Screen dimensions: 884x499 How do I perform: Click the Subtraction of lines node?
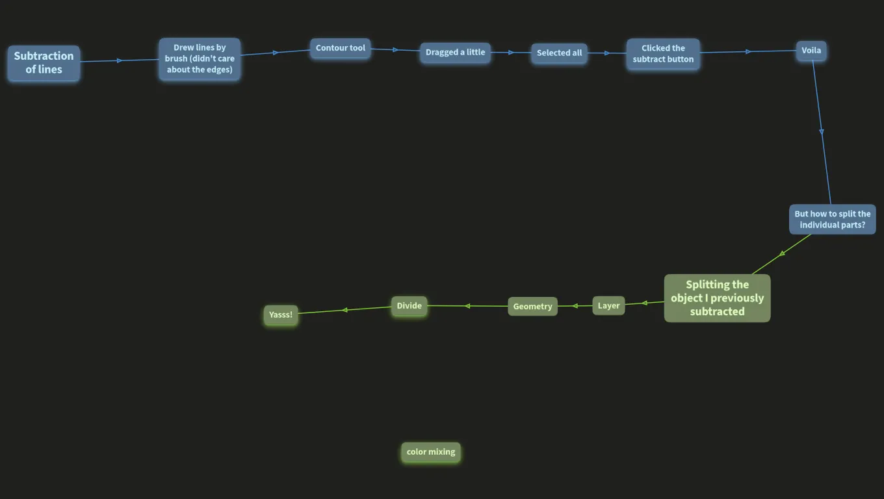[x=44, y=63]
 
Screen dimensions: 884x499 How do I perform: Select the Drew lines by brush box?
[x=200, y=58]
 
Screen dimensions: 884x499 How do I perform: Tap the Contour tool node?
[x=340, y=48]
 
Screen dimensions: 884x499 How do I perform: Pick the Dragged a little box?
[x=455, y=53]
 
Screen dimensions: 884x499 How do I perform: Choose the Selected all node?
[x=559, y=53]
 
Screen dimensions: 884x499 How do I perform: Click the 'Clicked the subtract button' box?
[x=663, y=54]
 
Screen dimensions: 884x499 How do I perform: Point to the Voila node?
[x=811, y=51]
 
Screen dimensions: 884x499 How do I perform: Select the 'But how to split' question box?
[x=832, y=220]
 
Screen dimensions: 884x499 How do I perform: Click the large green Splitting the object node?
[x=717, y=298]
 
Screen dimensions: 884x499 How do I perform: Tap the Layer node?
[x=608, y=306]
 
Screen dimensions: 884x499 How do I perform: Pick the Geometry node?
[x=532, y=307]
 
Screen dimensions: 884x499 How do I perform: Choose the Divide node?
[x=409, y=306]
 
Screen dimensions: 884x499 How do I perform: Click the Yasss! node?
[x=281, y=314]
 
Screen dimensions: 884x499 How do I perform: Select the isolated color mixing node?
[x=430, y=452]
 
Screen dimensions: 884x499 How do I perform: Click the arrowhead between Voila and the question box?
[x=821, y=132]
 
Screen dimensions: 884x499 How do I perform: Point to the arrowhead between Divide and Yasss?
[x=344, y=310]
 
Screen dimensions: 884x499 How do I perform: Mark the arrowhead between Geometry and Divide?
[x=467, y=306]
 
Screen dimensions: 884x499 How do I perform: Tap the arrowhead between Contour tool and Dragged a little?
[x=395, y=49]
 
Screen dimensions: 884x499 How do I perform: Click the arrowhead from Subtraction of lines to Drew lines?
[x=120, y=60]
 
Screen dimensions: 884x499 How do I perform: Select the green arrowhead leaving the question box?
[x=782, y=253]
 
